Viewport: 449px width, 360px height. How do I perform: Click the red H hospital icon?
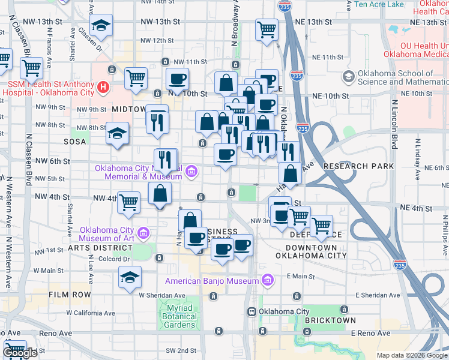click(103, 88)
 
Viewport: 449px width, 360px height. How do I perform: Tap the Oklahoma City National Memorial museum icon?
click(191, 172)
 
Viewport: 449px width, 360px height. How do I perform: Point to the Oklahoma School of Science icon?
click(348, 77)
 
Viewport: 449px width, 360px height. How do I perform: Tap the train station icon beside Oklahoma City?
click(252, 312)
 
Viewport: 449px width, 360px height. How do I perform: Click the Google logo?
click(20, 353)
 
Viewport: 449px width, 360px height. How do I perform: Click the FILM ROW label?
click(70, 295)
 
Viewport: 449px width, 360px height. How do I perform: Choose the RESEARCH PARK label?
click(358, 166)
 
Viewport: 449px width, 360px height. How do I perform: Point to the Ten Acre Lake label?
click(379, 4)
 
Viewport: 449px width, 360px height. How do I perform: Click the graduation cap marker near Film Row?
click(129, 278)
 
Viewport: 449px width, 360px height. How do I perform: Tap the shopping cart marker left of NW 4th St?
click(128, 202)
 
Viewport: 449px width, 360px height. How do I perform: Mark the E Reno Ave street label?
click(370, 333)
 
